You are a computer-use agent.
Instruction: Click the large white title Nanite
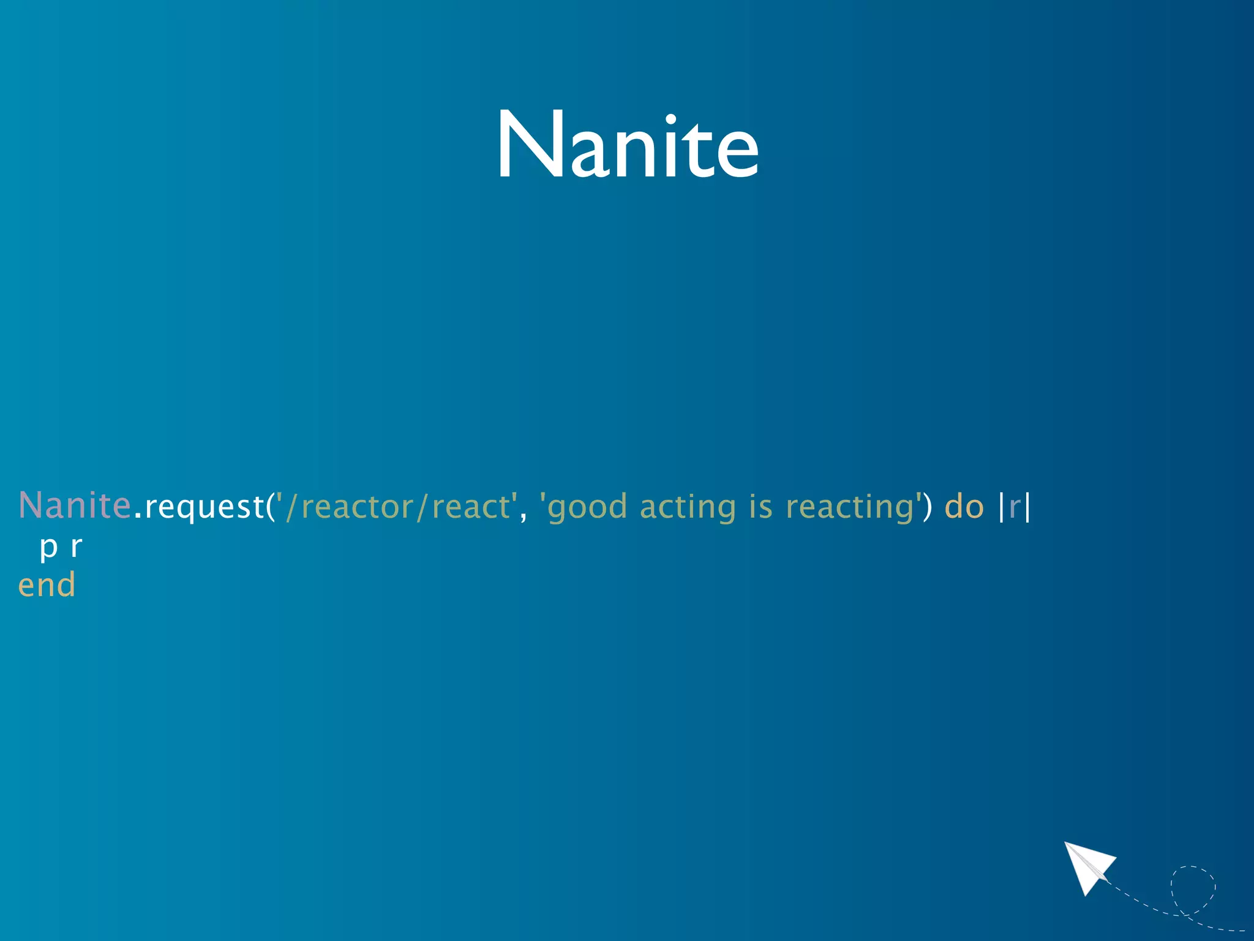pyautogui.click(x=627, y=146)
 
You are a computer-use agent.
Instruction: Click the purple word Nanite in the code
pyautogui.click(x=75, y=505)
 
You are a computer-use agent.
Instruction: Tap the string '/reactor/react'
pyautogui.click(x=397, y=507)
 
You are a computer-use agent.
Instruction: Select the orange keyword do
pyautogui.click(x=964, y=507)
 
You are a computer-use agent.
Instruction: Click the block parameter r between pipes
pyautogui.click(x=1015, y=508)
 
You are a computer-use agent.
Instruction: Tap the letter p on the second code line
pyautogui.click(x=48, y=547)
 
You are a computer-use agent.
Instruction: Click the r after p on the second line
pyautogui.click(x=76, y=546)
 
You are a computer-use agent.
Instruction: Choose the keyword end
pyautogui.click(x=47, y=584)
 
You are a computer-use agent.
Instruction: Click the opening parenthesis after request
pyautogui.click(x=270, y=507)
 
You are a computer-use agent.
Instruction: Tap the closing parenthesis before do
pyautogui.click(x=928, y=507)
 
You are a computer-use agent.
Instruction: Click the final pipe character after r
pyautogui.click(x=1028, y=508)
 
